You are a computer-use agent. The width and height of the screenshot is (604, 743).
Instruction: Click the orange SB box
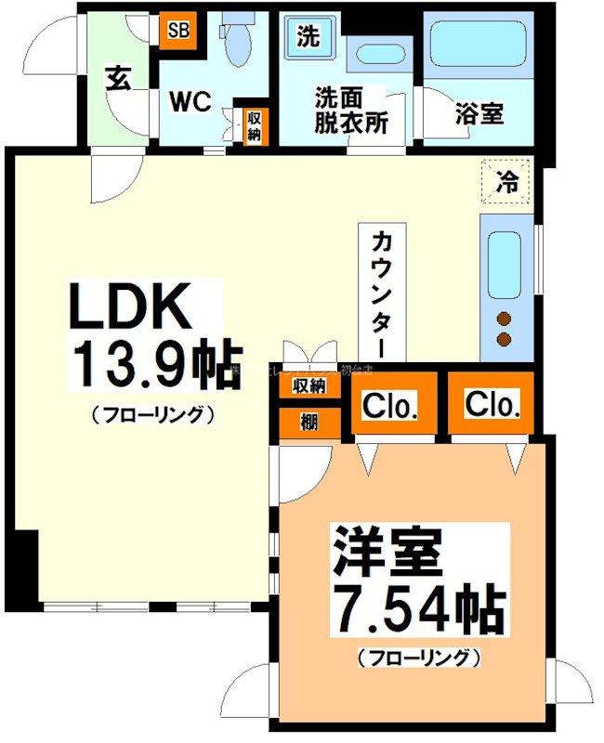[177, 29]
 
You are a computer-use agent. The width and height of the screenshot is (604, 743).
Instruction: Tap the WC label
[192, 101]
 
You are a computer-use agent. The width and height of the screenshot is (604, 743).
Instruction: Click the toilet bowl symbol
[238, 42]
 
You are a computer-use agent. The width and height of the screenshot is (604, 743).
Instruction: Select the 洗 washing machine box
[308, 36]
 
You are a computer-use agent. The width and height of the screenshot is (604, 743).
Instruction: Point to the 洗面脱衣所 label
[350, 111]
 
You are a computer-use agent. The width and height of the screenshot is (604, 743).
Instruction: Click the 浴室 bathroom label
[479, 113]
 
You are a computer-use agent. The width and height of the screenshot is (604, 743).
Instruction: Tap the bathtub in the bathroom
[479, 51]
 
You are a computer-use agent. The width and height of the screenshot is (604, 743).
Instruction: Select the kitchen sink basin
[505, 264]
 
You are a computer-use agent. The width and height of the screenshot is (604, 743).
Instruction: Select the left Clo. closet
[390, 406]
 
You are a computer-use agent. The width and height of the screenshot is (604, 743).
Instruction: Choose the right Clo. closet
[492, 405]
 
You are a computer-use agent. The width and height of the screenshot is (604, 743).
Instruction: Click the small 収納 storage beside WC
[253, 125]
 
